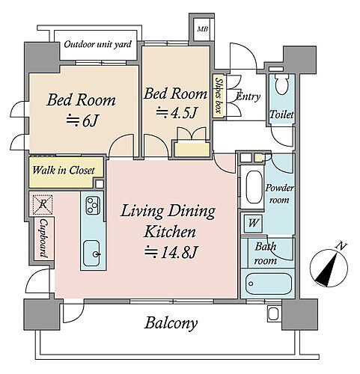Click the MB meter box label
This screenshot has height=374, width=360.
tap(203, 29)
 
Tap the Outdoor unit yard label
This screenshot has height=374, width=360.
tap(97, 45)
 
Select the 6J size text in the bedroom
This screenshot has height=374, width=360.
tap(82, 121)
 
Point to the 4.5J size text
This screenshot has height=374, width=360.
tap(177, 112)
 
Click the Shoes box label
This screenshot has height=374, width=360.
tap(219, 96)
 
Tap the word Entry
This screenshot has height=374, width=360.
tap(248, 96)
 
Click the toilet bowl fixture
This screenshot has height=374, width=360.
tap(282, 84)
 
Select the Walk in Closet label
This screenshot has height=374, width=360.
tap(64, 171)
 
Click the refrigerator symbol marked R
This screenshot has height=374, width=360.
tap(43, 204)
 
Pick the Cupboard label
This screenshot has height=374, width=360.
tap(44, 238)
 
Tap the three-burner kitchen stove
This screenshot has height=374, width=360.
tap(93, 205)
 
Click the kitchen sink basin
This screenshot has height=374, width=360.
tap(91, 254)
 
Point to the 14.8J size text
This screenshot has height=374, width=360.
tap(171, 252)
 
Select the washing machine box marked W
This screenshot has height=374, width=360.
tap(253, 223)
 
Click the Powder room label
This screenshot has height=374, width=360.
tap(279, 194)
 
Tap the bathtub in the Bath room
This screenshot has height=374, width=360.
tap(269, 284)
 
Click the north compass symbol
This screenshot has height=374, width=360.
tap(329, 267)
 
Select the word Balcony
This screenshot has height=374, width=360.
tap(171, 323)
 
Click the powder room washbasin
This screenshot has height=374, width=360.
tap(254, 187)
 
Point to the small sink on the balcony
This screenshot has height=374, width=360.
tap(273, 313)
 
